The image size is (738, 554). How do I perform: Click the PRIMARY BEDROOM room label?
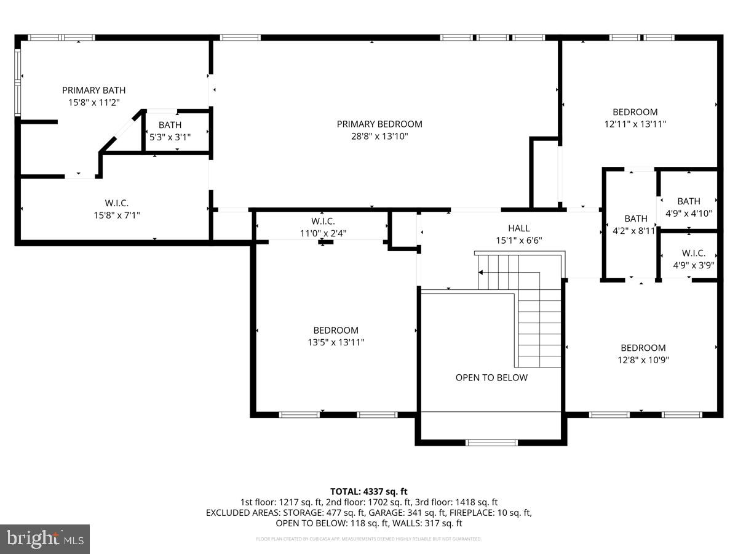(x=379, y=124)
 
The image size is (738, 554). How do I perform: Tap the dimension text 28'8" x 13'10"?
(x=379, y=137)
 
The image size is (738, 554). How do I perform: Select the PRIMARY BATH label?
(x=93, y=90)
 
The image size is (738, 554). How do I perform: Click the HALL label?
(x=518, y=228)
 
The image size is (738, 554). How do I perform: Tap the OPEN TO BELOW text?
(x=491, y=377)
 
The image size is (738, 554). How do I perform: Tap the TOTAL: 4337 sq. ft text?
(x=369, y=491)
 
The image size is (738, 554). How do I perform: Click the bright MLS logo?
(x=45, y=539)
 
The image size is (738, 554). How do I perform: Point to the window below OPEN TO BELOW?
(x=491, y=442)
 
